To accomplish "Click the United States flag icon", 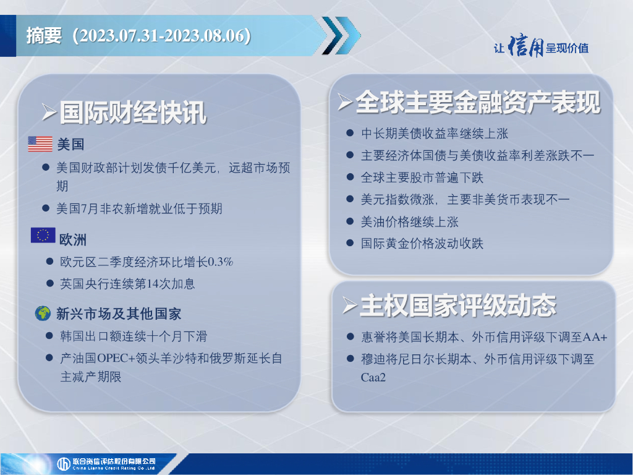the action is [40, 143].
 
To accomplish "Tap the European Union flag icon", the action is [43, 235].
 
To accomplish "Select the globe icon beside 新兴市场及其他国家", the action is [43, 314].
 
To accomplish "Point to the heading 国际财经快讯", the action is [133, 113].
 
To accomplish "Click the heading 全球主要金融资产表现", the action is [478, 102].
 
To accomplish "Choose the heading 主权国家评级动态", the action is [458, 306].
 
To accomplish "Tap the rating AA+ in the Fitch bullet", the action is [595, 337].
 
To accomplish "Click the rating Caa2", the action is [373, 377].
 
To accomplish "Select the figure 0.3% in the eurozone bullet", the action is [221, 262].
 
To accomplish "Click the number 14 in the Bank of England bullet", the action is [153, 283].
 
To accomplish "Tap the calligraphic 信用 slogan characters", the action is [525, 46].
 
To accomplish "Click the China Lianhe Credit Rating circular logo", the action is [64, 464].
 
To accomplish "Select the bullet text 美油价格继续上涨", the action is [409, 222].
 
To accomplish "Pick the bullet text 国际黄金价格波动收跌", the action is [422, 244].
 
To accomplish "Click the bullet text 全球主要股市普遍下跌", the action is [422, 178].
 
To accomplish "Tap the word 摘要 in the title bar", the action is [44, 35].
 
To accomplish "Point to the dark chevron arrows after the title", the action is [341, 35].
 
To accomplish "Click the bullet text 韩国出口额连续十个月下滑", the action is [134, 336].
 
